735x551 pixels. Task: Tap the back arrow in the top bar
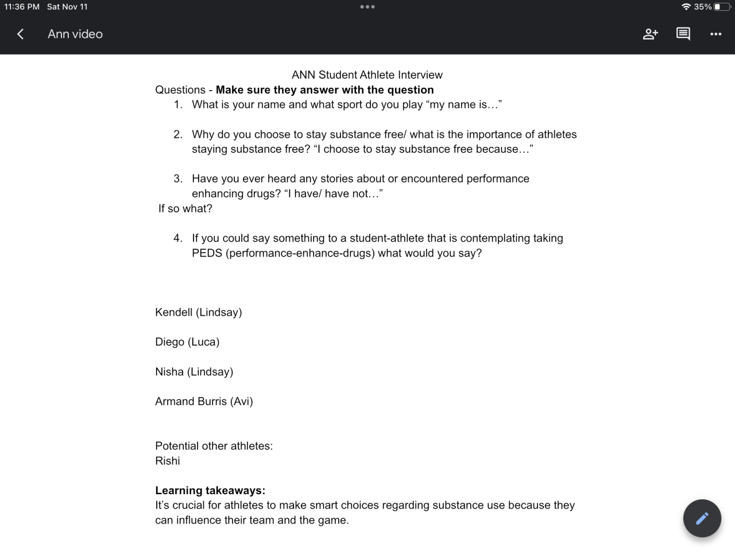click(21, 34)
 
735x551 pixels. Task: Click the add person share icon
click(650, 34)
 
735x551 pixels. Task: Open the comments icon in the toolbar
click(683, 34)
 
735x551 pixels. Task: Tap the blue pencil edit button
click(702, 518)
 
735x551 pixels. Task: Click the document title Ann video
click(75, 34)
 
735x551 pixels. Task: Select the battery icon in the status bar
click(722, 7)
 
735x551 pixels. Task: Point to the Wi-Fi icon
click(686, 7)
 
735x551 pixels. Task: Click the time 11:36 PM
click(22, 7)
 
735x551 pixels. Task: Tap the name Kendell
click(173, 312)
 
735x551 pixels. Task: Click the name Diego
click(169, 342)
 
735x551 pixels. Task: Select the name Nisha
click(169, 372)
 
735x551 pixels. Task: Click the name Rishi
click(168, 461)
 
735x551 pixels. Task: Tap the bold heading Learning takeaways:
click(210, 491)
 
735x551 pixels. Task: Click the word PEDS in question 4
click(207, 253)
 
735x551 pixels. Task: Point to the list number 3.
click(178, 179)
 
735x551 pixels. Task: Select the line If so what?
click(185, 208)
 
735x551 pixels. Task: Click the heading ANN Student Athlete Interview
click(367, 75)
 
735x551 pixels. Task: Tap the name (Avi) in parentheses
click(241, 402)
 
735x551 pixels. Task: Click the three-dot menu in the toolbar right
click(715, 34)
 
